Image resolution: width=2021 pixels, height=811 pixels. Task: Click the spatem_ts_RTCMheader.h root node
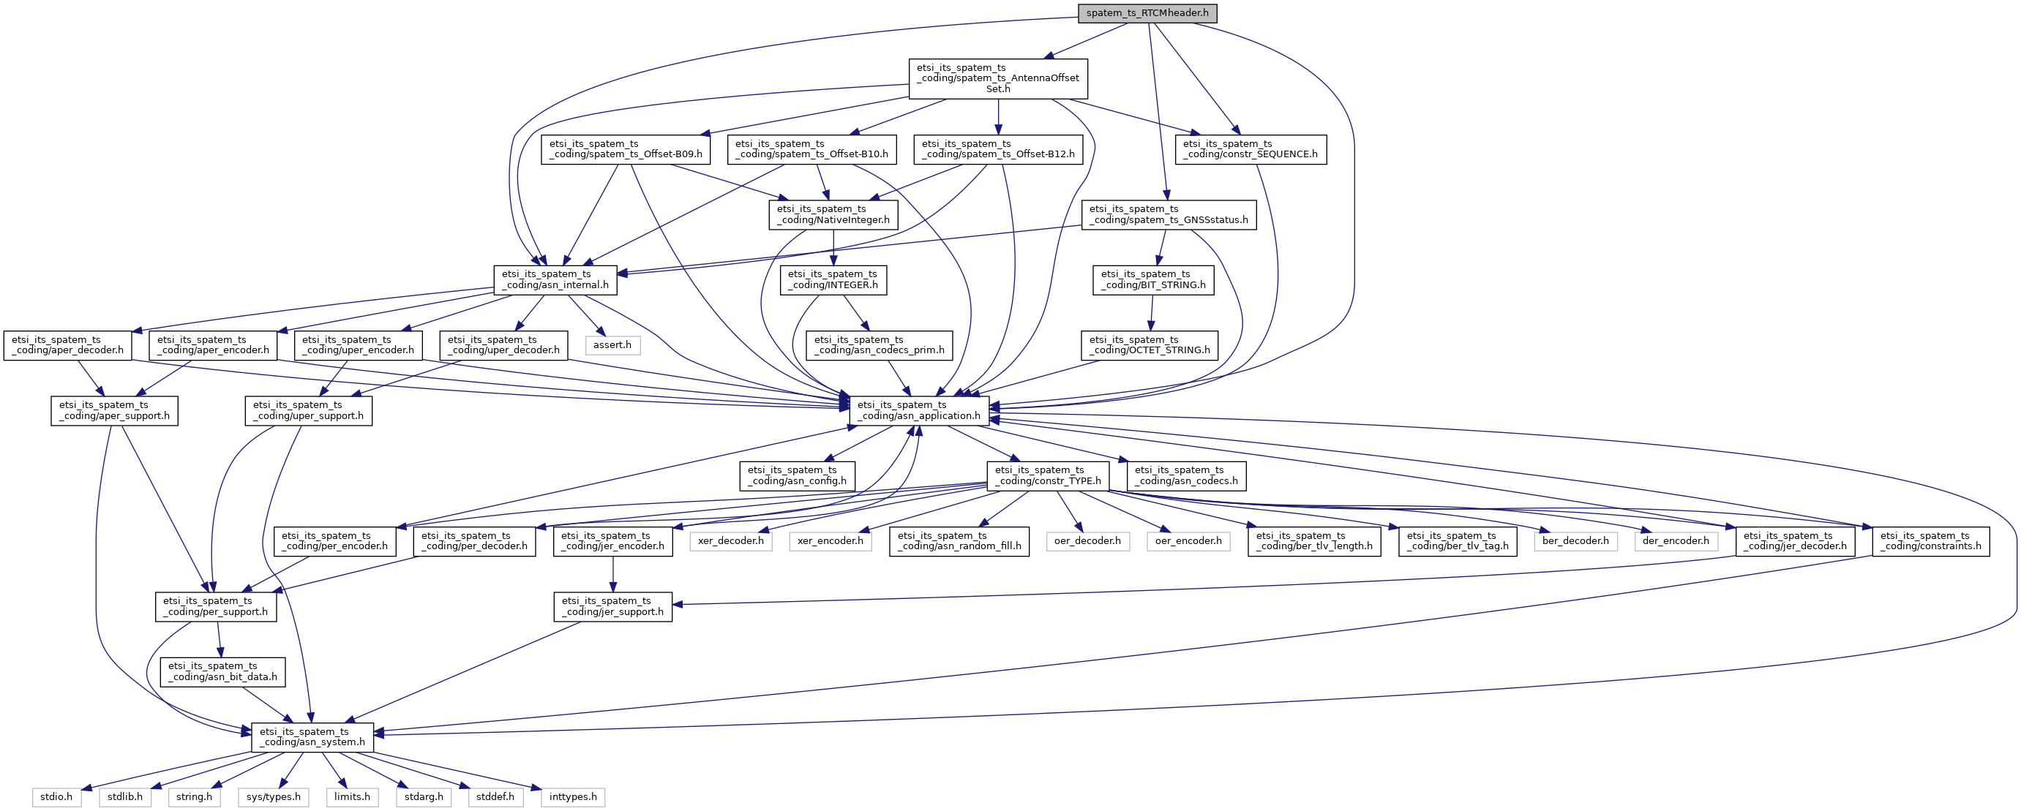pyautogui.click(x=1147, y=13)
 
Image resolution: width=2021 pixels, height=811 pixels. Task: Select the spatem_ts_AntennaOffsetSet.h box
pyautogui.click(x=998, y=78)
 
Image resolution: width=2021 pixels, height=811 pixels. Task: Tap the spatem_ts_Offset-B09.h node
pyautogui.click(x=626, y=149)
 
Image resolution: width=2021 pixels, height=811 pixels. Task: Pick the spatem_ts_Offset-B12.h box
pyautogui.click(x=998, y=149)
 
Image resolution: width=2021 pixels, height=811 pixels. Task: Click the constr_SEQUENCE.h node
pyautogui.click(x=1251, y=149)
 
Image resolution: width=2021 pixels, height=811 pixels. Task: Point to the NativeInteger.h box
pyautogui.click(x=833, y=214)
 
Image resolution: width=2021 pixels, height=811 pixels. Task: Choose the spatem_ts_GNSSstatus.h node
pyautogui.click(x=1169, y=214)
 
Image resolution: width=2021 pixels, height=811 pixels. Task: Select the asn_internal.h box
pyautogui.click(x=555, y=280)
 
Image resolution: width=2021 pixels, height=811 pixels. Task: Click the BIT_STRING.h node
pyautogui.click(x=1153, y=280)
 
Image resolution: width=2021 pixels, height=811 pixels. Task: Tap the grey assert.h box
pyautogui.click(x=612, y=345)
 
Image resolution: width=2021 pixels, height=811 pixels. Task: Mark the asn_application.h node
pyautogui.click(x=920, y=410)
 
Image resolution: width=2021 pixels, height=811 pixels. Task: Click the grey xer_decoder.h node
pyautogui.click(x=730, y=541)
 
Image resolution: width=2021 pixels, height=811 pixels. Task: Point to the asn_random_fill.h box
pyautogui.click(x=959, y=541)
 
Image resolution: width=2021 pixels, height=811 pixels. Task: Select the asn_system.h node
pyautogui.click(x=312, y=737)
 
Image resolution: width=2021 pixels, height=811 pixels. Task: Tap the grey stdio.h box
pyautogui.click(x=56, y=797)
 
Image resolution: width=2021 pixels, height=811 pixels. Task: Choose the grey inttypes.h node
pyautogui.click(x=573, y=797)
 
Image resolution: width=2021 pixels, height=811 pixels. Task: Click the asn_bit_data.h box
pyautogui.click(x=223, y=671)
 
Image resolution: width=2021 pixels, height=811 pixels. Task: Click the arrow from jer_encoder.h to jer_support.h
pyautogui.click(x=612, y=574)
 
